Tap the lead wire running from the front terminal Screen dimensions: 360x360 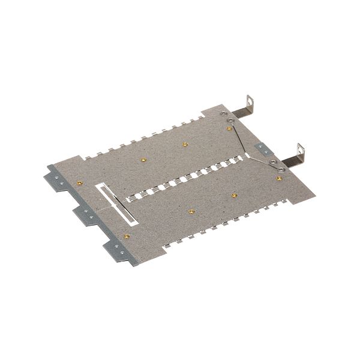tap(262, 159)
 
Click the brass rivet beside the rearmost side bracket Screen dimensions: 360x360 tap(79, 182)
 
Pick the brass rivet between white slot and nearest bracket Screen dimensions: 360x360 tap(127, 236)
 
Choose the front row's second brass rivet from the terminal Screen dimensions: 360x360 tap(234, 195)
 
